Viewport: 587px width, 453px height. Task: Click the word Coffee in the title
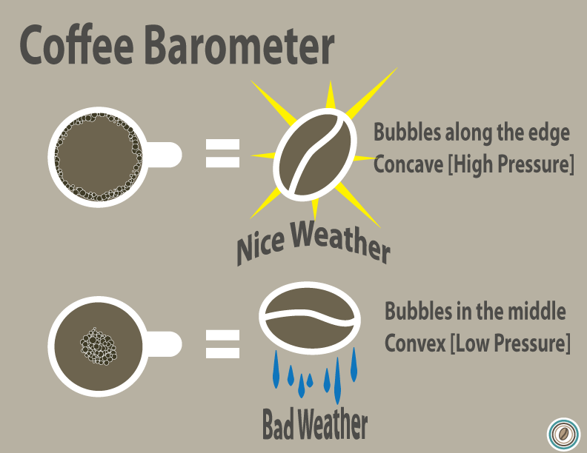[x=77, y=45]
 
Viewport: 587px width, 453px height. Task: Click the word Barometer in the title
[x=239, y=46]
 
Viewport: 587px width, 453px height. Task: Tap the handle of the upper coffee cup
[x=164, y=155]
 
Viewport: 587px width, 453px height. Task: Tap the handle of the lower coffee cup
[x=164, y=343]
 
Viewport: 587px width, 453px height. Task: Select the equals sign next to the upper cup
[x=222, y=153]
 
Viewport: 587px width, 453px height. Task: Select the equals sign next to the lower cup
[x=222, y=344]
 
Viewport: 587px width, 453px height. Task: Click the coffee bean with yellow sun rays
[x=315, y=155]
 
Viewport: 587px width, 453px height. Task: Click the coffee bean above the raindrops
[x=310, y=318]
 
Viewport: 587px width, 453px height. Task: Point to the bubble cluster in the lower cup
[x=99, y=346]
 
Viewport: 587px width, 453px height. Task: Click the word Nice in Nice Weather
[x=261, y=246]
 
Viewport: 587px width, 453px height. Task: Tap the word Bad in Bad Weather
[x=279, y=425]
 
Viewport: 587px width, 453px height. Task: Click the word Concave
[x=408, y=164]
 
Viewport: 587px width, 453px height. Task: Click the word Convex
[x=415, y=343]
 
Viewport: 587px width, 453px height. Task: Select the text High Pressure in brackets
[x=511, y=164]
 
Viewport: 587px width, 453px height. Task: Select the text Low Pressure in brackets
[x=511, y=343]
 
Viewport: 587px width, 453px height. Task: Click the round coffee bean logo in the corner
[x=563, y=434]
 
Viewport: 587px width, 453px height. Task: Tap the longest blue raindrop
[x=337, y=380]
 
